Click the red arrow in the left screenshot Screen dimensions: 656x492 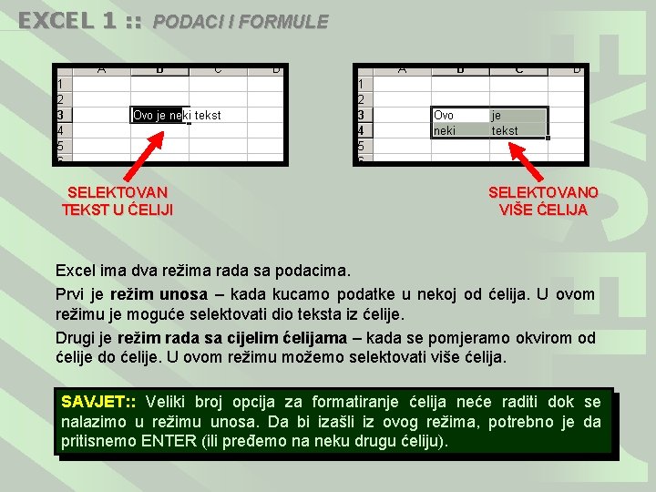(144, 156)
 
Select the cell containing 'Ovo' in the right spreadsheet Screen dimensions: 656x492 (460, 115)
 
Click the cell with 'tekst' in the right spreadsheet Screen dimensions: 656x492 (518, 130)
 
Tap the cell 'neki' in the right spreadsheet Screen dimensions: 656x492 (460, 130)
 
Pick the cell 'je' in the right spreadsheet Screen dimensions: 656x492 (518, 115)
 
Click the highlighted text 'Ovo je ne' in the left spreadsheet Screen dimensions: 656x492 (158, 115)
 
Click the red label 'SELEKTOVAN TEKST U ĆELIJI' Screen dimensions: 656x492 (118, 201)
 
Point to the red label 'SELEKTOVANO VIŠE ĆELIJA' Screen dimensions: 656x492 (543, 201)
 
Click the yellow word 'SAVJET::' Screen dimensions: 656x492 (98, 402)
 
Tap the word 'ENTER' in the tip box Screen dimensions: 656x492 (169, 441)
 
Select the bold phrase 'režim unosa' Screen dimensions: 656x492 (159, 294)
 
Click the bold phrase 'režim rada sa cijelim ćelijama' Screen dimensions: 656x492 (232, 338)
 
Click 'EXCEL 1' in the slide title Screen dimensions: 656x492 (67, 21)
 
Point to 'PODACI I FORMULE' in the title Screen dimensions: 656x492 (241, 22)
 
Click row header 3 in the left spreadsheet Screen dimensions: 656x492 (65, 115)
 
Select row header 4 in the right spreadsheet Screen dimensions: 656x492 (364, 130)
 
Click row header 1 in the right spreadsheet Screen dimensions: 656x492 (364, 84)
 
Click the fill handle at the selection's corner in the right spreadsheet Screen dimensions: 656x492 (548, 138)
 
